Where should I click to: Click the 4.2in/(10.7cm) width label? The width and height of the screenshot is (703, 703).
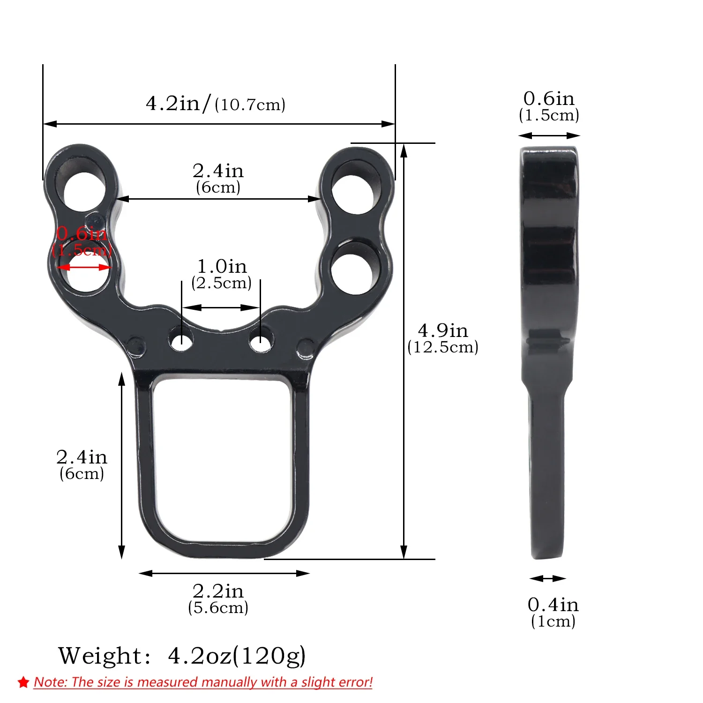pyautogui.click(x=216, y=104)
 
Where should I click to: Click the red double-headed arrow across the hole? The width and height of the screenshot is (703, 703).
pyautogui.click(x=84, y=268)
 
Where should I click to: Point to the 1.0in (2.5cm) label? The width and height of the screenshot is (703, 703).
pyautogui.click(x=221, y=274)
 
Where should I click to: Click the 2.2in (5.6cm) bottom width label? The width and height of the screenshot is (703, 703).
pyautogui.click(x=218, y=599)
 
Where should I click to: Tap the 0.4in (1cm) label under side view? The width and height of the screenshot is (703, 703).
pyautogui.click(x=553, y=612)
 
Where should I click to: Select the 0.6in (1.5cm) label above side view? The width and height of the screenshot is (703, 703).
pyautogui.click(x=549, y=106)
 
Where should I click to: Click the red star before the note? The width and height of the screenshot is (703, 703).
pyautogui.click(x=23, y=682)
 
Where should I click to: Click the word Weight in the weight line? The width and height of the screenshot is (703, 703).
pyautogui.click(x=100, y=656)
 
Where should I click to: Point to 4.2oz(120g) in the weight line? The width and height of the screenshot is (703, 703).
pyautogui.click(x=237, y=656)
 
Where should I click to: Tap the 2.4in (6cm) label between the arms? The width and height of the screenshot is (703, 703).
pyautogui.click(x=218, y=178)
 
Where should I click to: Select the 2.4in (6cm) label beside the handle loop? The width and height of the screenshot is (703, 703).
pyautogui.click(x=82, y=464)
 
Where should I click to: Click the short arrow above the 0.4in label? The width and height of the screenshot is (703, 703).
pyautogui.click(x=548, y=579)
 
